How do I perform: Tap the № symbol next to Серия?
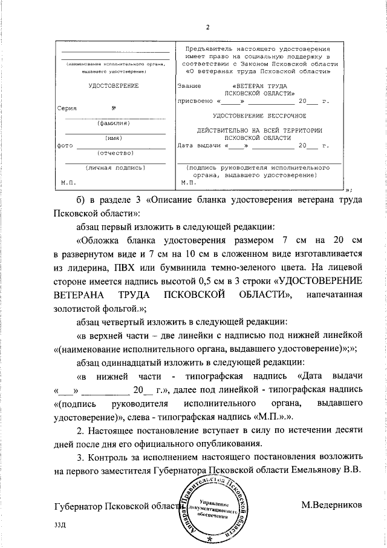point(114,109)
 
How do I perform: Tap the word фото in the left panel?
point(65,146)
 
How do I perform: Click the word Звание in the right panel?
point(189,86)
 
